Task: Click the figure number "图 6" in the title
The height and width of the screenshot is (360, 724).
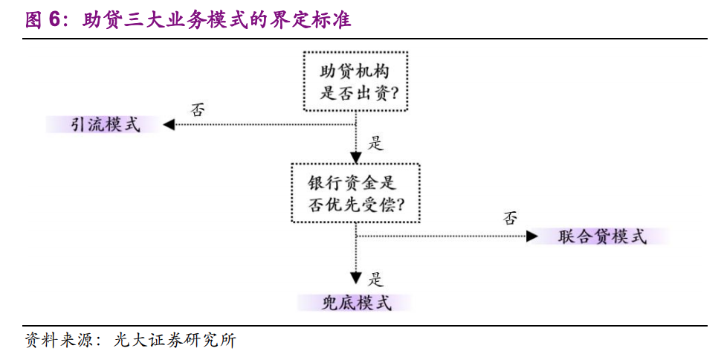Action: [42, 20]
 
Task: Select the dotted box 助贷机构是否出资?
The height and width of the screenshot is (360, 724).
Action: [355, 82]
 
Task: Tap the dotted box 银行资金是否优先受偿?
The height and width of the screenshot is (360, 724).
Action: [355, 193]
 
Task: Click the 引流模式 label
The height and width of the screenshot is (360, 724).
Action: [105, 124]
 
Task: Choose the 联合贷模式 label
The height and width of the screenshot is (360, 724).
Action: [601, 237]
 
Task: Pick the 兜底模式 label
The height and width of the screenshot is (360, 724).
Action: [355, 303]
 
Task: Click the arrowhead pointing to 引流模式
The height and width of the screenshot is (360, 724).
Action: [169, 124]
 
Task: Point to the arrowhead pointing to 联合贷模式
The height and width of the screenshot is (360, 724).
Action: [531, 237]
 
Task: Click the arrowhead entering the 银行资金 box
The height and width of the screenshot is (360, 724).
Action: [356, 157]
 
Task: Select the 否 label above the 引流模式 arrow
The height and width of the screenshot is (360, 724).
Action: [198, 109]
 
